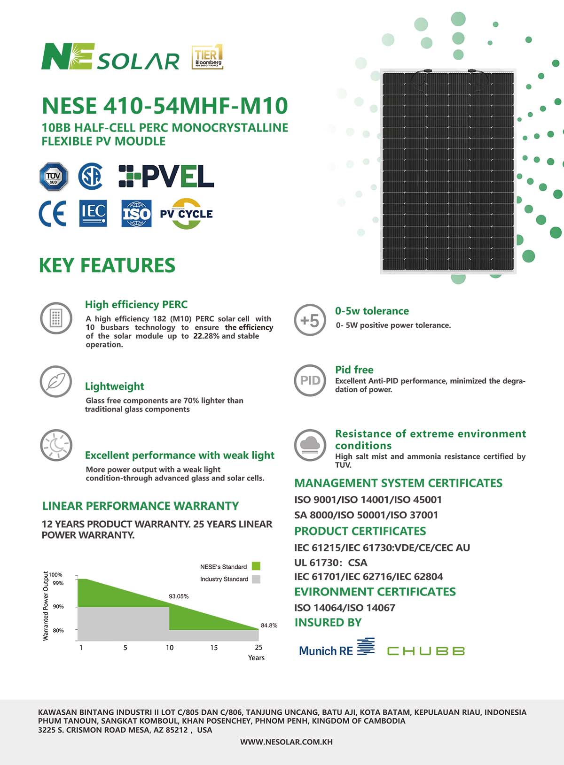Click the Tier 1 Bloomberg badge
coord(207,57)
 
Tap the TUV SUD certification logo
coord(54,177)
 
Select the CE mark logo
coord(52,214)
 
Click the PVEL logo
coord(166,177)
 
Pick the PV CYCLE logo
coord(187,214)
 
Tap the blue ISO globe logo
coord(136,214)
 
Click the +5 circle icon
coord(310,320)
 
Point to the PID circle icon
coord(310,380)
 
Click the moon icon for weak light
coord(56,445)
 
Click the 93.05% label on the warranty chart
coord(179,596)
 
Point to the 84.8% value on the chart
coord(269,626)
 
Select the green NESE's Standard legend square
coord(256,566)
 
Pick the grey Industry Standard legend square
coord(256,579)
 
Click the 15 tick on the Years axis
coord(214,648)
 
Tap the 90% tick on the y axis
coord(58,607)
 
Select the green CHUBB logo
coord(426,651)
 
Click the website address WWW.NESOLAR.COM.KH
coord(286,742)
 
